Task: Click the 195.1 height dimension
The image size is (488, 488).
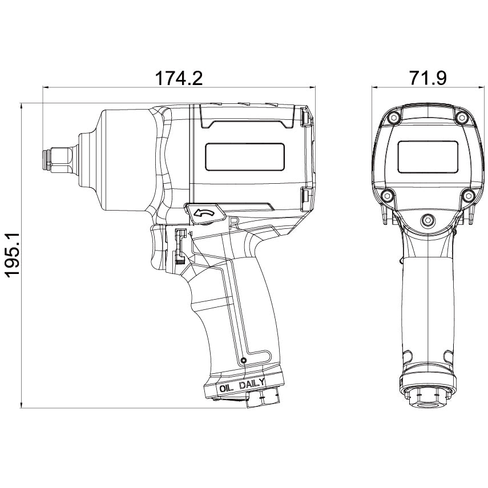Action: click(13, 254)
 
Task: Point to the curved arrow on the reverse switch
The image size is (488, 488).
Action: click(204, 213)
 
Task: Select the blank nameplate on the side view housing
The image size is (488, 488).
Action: click(245, 157)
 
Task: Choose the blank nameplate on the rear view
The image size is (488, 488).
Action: click(428, 157)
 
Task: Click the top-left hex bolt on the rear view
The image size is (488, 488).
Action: click(394, 118)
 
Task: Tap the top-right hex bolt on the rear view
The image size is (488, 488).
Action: click(461, 118)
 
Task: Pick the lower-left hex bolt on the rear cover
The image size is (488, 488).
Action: click(387, 195)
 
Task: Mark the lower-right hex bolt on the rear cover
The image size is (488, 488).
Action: click(469, 195)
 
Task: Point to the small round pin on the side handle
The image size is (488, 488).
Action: click(244, 360)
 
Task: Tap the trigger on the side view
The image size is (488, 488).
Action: click(159, 248)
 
